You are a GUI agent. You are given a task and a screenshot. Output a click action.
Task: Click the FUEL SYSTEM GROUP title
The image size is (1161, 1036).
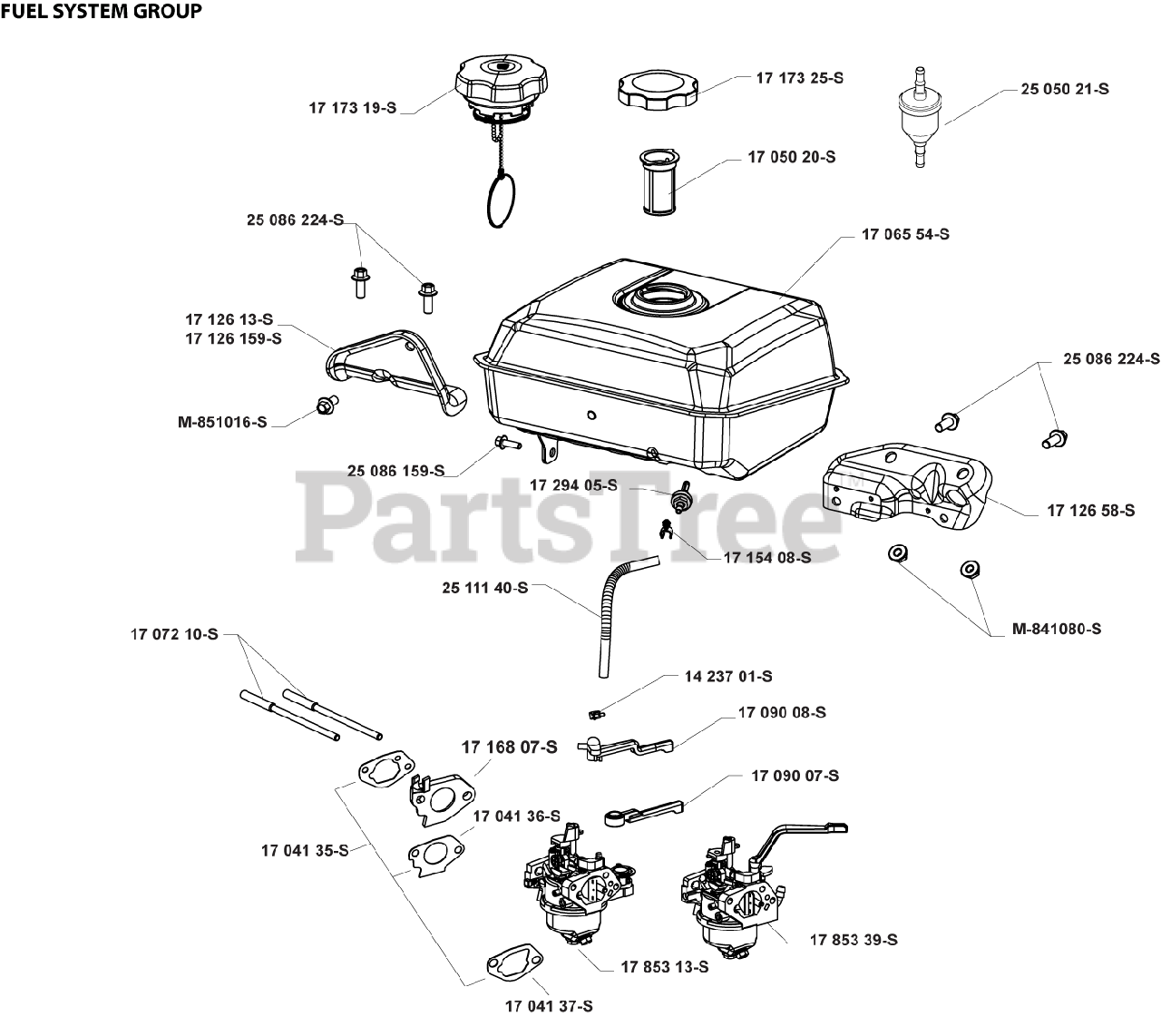tap(101, 12)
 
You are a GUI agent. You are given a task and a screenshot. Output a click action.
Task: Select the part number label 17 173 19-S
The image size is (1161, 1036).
tap(353, 108)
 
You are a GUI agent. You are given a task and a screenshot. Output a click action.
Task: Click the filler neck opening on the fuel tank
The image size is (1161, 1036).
tap(659, 296)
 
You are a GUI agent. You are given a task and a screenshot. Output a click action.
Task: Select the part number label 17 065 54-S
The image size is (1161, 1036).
tap(904, 234)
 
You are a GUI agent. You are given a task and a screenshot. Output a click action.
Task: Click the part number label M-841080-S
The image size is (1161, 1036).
tap(1057, 628)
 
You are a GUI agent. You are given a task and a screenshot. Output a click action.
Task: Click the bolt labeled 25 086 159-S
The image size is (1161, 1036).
tap(506, 443)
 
